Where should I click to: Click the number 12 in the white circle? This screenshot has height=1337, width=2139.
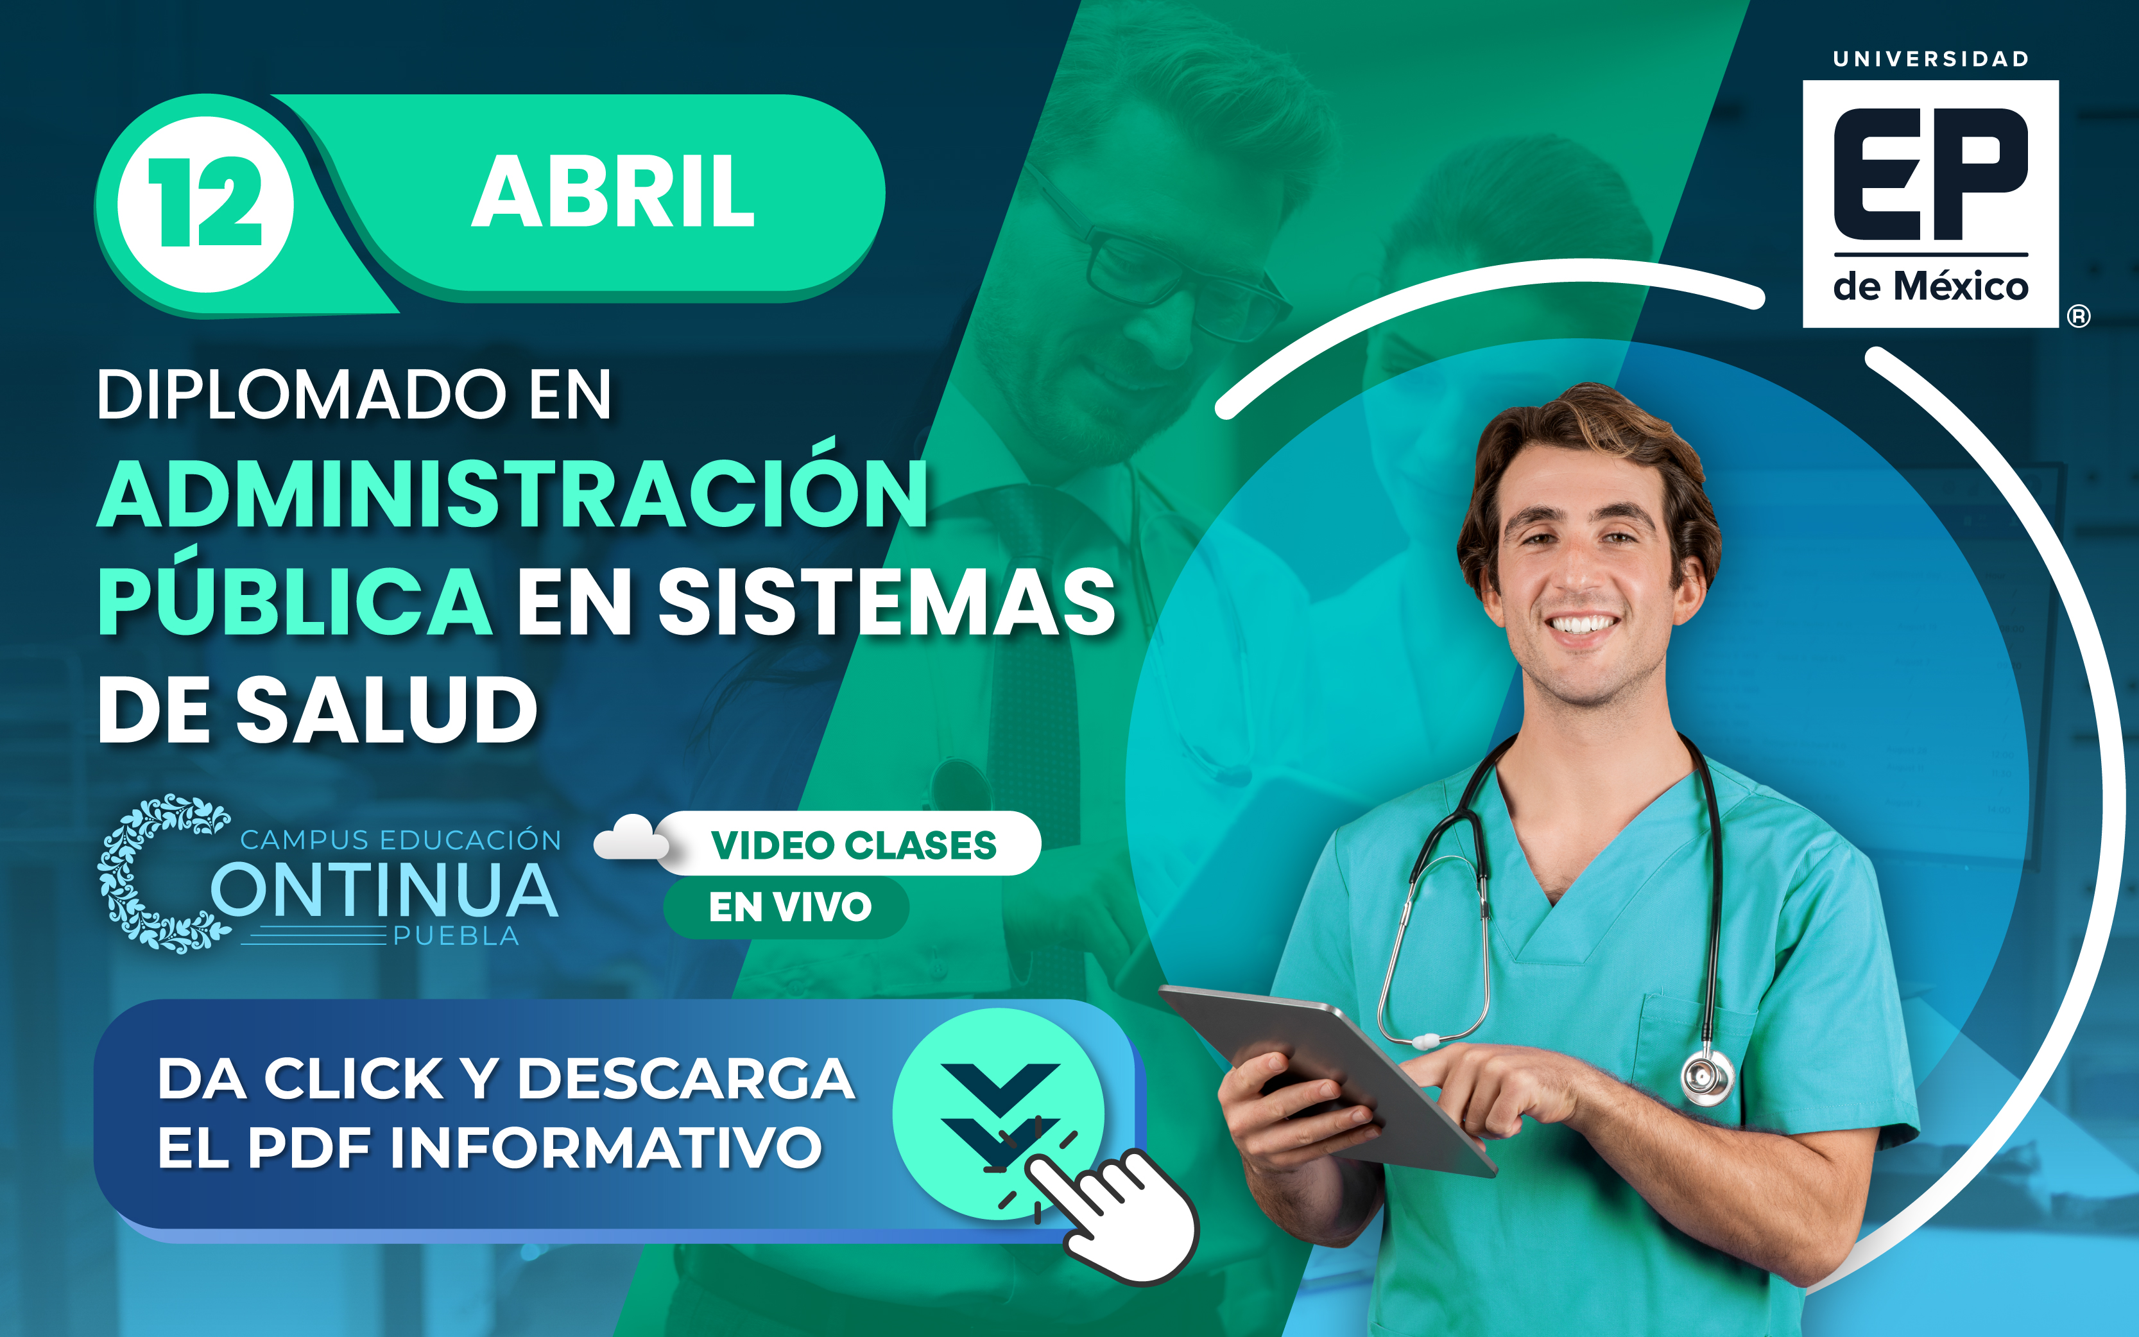[205, 203]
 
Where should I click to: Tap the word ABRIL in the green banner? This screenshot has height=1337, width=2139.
[614, 192]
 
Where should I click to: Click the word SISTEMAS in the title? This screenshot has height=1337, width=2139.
[886, 601]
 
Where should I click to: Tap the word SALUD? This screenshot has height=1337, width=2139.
[386, 709]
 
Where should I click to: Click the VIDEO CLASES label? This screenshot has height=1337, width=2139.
[854, 845]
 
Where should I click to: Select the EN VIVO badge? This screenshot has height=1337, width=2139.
[787, 906]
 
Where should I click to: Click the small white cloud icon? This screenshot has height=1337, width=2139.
[630, 838]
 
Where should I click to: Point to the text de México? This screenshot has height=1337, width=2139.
[1930, 286]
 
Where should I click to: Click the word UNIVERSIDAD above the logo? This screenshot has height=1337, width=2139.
[1930, 59]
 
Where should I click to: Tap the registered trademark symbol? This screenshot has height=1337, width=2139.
[2079, 316]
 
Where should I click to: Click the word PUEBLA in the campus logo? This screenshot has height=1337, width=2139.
[456, 936]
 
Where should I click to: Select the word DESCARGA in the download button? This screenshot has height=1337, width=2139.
[686, 1079]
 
